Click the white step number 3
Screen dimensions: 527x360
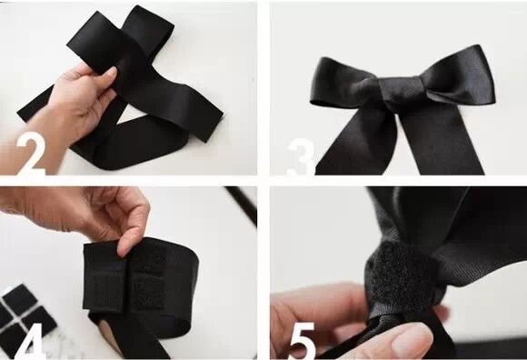tap(301, 156)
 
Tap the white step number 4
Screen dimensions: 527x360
tap(30, 341)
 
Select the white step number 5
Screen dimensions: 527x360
tap(302, 341)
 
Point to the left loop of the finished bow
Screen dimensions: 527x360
tap(346, 84)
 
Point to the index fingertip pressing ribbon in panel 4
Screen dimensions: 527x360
tap(125, 247)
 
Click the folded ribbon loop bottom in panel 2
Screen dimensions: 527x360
tap(131, 148)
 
